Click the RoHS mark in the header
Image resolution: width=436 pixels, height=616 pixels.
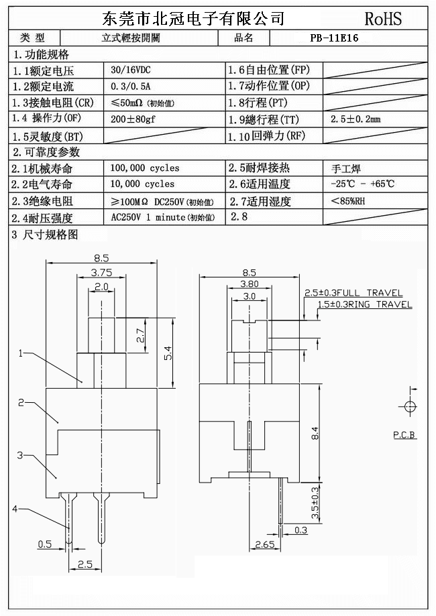(383, 18)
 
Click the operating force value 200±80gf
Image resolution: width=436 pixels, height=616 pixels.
(133, 119)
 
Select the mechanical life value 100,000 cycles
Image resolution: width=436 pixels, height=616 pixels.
(145, 168)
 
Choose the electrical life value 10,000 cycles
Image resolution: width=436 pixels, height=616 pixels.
(142, 184)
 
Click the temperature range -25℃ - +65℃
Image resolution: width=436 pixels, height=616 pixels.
(362, 184)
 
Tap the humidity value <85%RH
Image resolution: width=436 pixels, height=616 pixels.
(348, 200)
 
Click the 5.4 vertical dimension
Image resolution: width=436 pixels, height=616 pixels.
(168, 352)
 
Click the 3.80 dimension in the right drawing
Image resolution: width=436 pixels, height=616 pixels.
(249, 283)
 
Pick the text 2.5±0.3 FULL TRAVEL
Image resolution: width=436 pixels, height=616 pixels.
(353, 293)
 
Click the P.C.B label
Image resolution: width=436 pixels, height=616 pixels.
(404, 435)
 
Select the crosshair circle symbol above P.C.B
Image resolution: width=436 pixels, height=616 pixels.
(408, 406)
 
